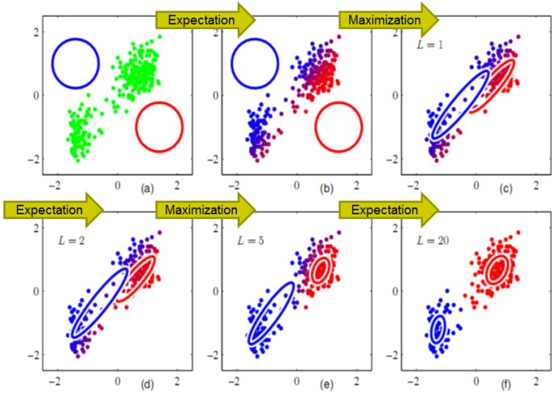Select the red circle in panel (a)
(160, 126)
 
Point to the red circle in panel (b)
(338, 126)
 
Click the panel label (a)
(146, 187)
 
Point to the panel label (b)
(326, 187)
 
